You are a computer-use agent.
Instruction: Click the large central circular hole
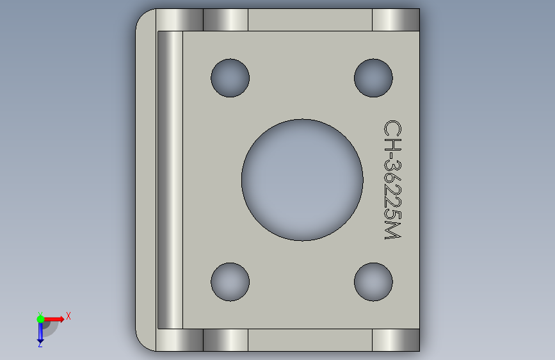pos(302,179)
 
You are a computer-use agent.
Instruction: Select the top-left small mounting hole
pos(230,78)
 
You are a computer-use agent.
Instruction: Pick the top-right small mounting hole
pos(373,78)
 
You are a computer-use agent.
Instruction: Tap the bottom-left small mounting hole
pos(230,282)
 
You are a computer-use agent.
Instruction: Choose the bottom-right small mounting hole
pos(373,282)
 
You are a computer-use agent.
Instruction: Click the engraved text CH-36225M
pos(392,180)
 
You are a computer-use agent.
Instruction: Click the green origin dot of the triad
pos(40,318)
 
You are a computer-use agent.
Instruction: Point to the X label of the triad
pos(68,316)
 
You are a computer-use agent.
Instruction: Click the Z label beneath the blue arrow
pos(40,345)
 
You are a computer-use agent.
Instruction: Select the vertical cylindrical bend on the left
pos(170,179)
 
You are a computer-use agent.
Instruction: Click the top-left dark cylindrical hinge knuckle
pos(225,20)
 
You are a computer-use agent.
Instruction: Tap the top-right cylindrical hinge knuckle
pos(396,20)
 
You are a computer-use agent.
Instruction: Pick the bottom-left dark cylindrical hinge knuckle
pos(225,340)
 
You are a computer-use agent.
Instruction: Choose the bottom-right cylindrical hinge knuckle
pos(396,340)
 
